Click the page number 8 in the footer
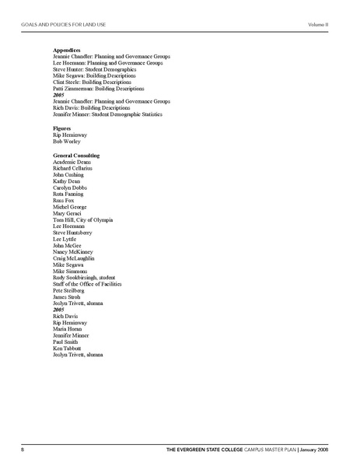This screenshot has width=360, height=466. click(23, 449)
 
